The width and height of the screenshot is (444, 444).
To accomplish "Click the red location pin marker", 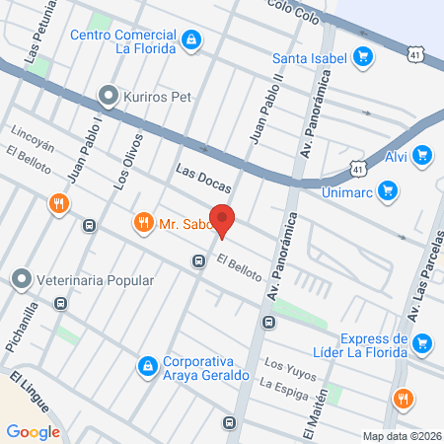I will [223, 220].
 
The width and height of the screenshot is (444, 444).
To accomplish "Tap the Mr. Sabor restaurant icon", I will [144, 223].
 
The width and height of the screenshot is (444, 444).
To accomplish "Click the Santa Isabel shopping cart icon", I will [363, 56].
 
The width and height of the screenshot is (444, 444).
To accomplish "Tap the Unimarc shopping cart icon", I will [389, 190].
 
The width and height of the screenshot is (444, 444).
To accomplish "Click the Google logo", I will [33, 431].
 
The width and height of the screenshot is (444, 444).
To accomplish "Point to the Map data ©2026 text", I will [401, 435].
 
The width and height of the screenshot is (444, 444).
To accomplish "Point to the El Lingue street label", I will [29, 392].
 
